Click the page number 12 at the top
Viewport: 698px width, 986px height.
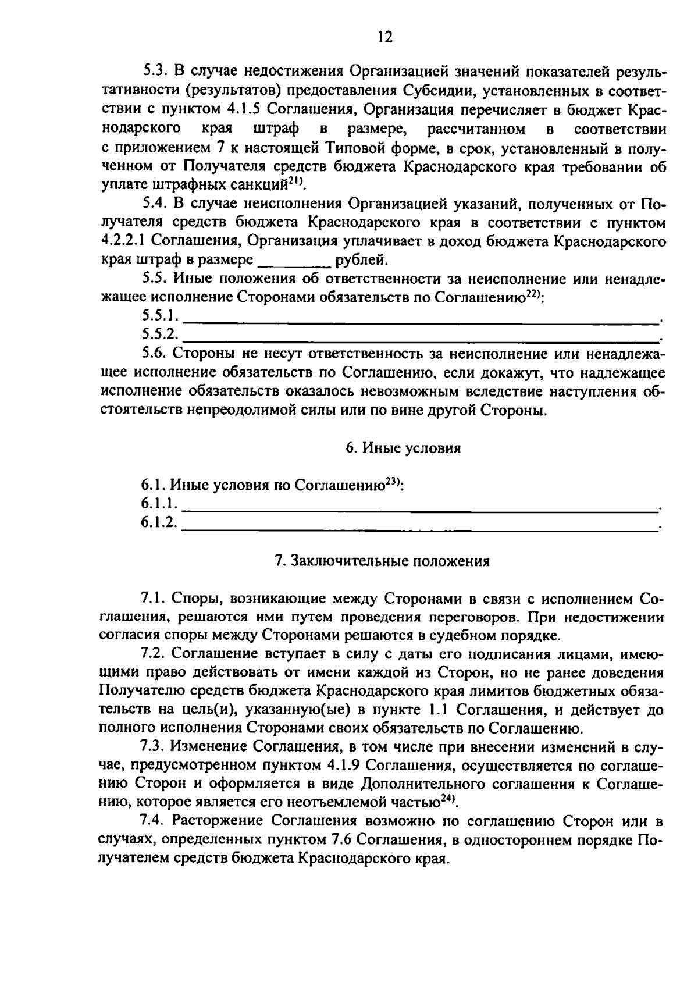click(x=384, y=38)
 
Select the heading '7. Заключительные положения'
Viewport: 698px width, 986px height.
click(x=382, y=561)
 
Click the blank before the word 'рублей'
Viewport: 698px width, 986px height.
click(x=294, y=260)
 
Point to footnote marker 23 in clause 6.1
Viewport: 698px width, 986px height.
click(x=393, y=482)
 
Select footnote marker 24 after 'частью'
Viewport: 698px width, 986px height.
click(x=447, y=799)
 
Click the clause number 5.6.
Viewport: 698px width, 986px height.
click(x=154, y=354)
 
